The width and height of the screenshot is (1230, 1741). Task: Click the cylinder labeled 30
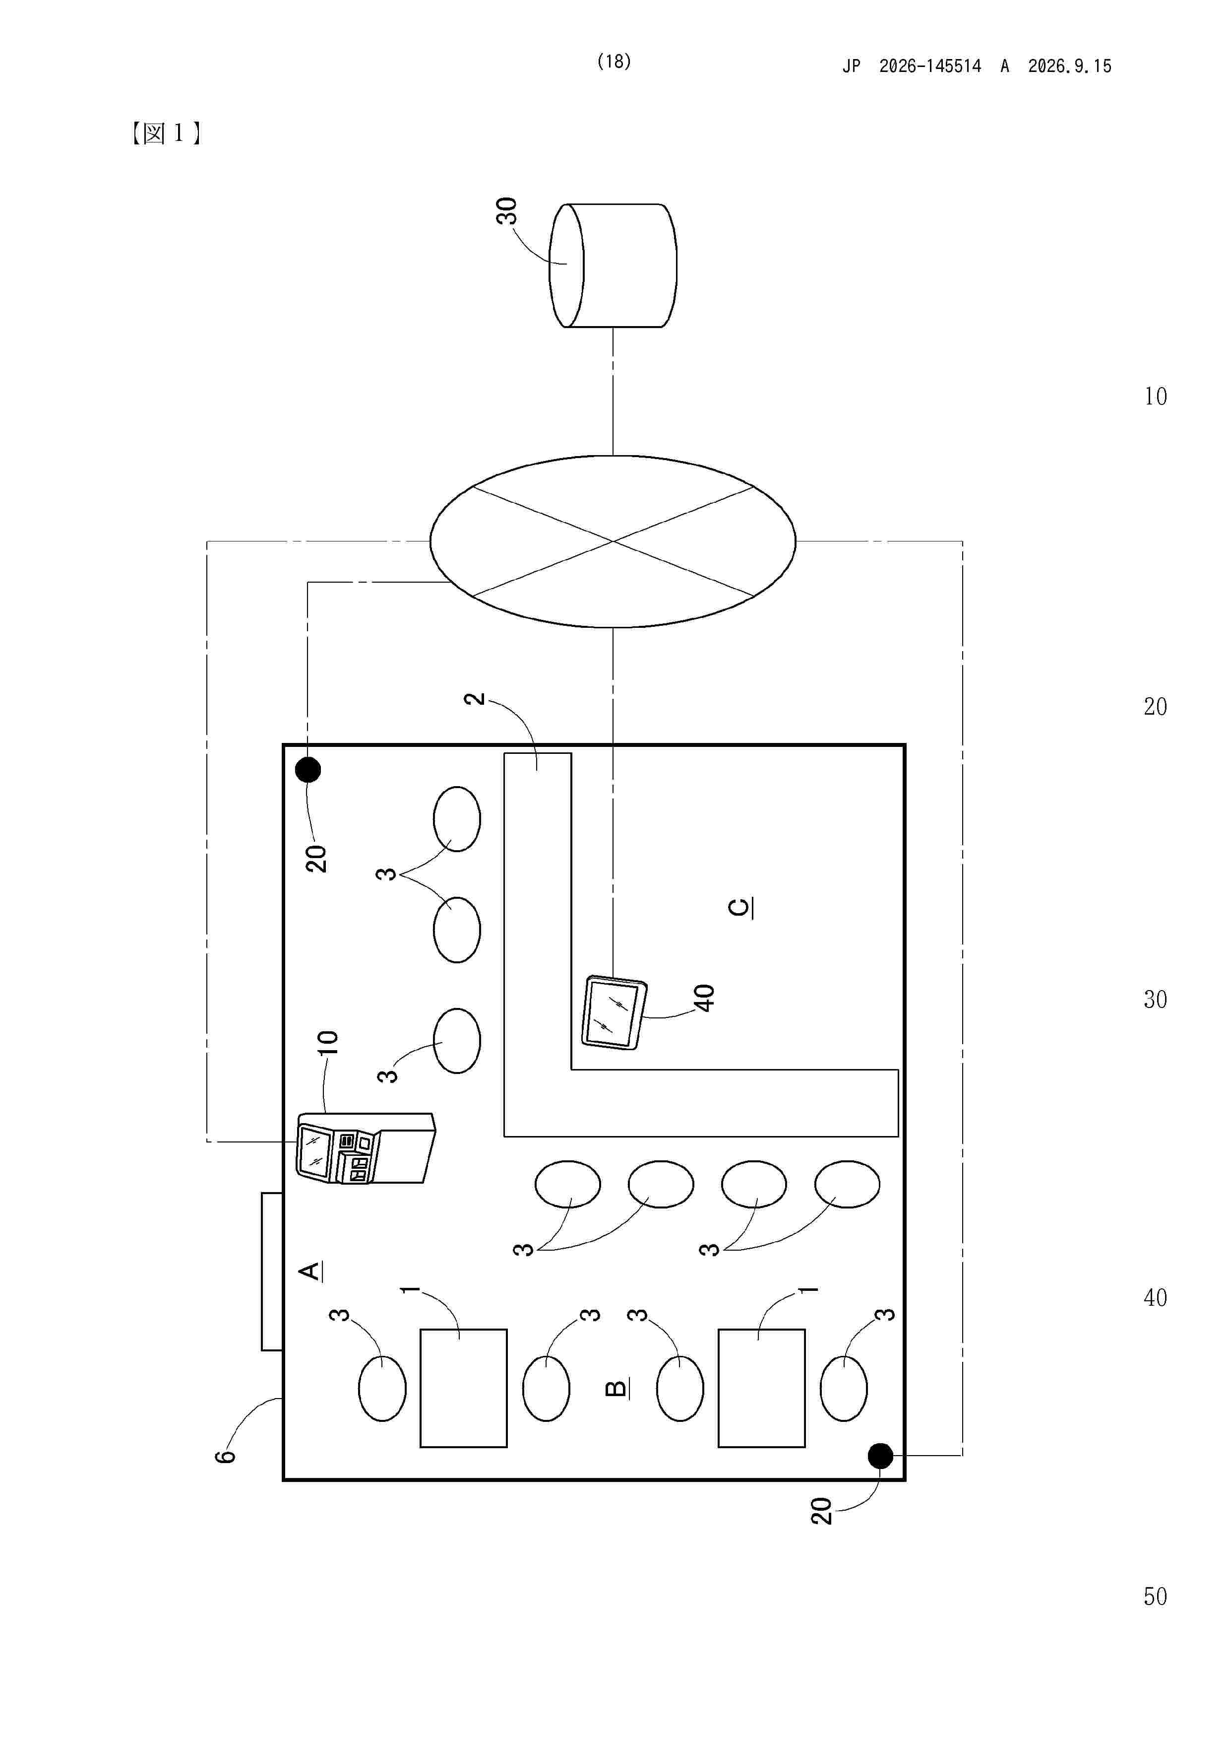coord(613,266)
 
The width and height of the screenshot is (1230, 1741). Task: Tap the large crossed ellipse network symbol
coord(613,541)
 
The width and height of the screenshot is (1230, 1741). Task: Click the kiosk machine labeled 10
coord(366,1148)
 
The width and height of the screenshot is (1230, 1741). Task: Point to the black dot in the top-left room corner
coord(307,770)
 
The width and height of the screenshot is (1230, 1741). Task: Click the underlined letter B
coord(617,1388)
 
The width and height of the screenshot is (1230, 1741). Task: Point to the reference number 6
coord(225,1456)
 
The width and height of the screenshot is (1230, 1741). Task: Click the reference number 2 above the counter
coord(475,698)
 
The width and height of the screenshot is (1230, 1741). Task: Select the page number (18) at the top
coord(614,62)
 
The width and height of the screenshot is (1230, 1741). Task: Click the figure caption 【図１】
coord(165,134)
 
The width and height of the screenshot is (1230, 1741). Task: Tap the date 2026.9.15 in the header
coord(1069,66)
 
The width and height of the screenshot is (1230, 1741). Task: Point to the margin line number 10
coord(1155,396)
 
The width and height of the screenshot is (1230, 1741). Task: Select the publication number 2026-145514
coord(930,66)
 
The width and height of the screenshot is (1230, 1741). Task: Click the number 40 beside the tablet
coord(704,998)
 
